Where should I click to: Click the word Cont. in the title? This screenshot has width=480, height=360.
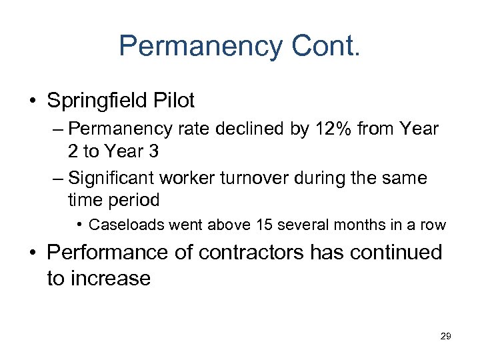tap(326, 46)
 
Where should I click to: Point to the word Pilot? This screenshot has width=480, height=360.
tap(174, 101)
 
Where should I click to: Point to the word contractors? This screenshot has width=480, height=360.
tap(261, 253)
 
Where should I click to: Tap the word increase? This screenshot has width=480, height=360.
tap(99, 277)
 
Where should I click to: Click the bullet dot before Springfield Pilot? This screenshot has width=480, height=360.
tap(33, 101)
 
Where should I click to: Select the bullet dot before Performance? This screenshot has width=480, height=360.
tap(33, 253)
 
